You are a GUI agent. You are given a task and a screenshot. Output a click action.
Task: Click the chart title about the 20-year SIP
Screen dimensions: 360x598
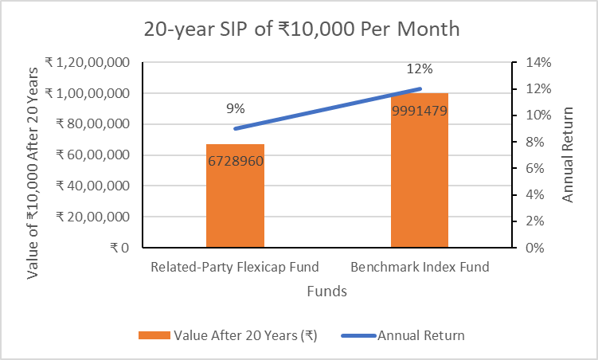pyautogui.click(x=301, y=29)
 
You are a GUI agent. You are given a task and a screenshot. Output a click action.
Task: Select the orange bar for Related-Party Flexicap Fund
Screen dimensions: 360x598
pyautogui.click(x=235, y=199)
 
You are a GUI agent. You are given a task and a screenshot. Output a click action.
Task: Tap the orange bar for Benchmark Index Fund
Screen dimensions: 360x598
pyautogui.click(x=419, y=175)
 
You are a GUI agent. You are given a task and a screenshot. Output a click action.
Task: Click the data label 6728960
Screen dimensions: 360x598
pyautogui.click(x=235, y=161)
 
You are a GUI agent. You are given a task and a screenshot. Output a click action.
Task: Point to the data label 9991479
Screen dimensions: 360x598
pyautogui.click(x=419, y=111)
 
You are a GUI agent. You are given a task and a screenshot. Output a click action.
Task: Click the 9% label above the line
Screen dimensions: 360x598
pyautogui.click(x=235, y=108)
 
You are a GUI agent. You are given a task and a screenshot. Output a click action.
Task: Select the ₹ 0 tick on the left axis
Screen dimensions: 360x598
pyautogui.click(x=119, y=247)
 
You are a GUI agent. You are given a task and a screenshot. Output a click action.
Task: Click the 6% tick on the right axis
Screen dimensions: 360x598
pyautogui.click(x=530, y=168)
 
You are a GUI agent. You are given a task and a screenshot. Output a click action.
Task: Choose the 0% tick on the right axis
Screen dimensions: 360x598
pyautogui.click(x=530, y=247)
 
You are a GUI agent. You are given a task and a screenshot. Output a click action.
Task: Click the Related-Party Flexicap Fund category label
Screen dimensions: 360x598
pyautogui.click(x=235, y=267)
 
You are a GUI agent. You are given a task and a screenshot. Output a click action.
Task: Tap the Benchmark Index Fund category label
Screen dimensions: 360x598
pyautogui.click(x=419, y=267)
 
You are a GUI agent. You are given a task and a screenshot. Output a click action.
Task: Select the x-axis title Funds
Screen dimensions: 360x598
pyautogui.click(x=326, y=292)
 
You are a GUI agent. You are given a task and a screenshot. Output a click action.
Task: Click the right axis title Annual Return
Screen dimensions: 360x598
pyautogui.click(x=568, y=155)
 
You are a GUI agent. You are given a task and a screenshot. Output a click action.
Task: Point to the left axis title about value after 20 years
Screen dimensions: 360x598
pyautogui.click(x=33, y=155)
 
